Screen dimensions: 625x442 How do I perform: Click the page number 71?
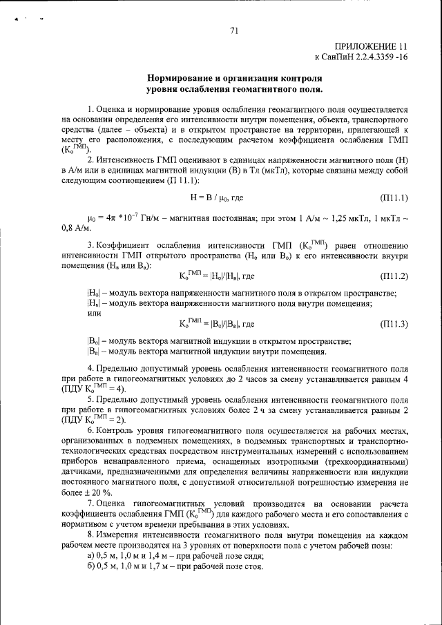234,30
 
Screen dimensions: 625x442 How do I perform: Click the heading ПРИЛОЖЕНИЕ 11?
372,46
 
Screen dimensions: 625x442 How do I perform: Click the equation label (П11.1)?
394,198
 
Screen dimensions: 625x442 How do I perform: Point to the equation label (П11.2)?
394,276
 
